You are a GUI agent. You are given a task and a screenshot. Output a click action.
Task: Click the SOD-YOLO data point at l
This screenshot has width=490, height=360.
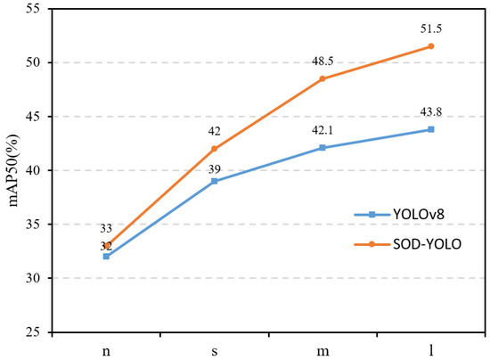coord(430,46)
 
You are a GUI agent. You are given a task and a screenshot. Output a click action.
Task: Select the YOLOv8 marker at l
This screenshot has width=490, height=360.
coord(430,129)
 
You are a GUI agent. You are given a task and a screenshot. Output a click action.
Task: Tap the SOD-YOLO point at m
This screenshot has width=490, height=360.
coord(323,78)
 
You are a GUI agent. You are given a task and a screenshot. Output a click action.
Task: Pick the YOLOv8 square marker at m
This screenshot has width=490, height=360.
coord(323,148)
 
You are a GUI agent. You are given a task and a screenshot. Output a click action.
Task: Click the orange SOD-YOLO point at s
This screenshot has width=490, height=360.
coord(215,149)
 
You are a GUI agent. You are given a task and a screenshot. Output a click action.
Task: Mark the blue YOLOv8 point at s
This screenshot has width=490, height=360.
coord(215,181)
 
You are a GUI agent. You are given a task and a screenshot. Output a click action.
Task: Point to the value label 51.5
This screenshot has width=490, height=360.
coord(430,29)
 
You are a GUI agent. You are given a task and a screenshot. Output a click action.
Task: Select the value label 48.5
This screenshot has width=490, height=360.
coord(323,61)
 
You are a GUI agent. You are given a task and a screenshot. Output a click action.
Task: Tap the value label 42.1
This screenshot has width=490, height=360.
coord(323,130)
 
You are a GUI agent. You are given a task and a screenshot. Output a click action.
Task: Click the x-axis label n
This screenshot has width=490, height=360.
coord(107,350)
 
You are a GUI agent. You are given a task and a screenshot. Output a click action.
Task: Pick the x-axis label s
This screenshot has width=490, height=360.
coord(215,350)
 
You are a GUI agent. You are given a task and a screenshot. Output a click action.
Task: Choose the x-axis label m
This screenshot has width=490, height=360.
coord(323,350)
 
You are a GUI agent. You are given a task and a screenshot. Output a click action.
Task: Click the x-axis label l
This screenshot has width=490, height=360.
coord(430,350)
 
